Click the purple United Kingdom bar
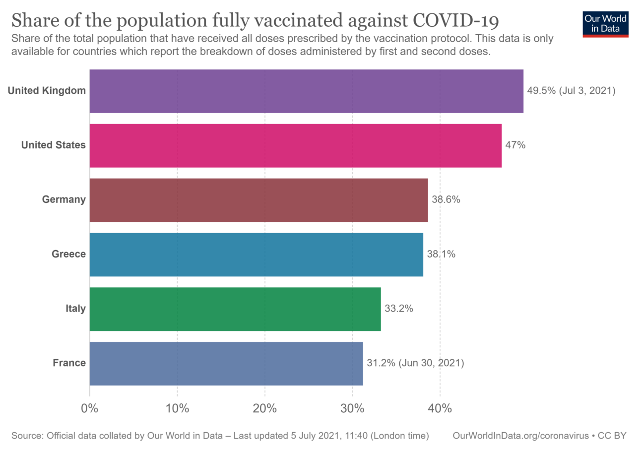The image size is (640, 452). coord(306,91)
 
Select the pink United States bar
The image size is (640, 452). coord(295,145)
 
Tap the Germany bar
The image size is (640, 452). coord(258,200)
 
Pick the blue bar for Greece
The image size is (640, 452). coord(256,255)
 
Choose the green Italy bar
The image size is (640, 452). coord(235,309)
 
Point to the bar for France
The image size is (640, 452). coord(226,363)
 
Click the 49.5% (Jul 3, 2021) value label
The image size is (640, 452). coord(571,91)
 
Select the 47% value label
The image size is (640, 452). coord(515,145)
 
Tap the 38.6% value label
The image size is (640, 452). coord(446,200)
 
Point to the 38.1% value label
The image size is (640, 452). coord(441,255)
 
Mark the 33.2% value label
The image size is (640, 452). coord(399,309)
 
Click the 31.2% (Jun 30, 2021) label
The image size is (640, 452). coord(415,363)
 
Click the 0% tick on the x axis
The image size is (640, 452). coord(90,409)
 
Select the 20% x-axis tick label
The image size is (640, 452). coord(264,409)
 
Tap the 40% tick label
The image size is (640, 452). coord(440,409)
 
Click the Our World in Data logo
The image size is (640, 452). coord(606,23)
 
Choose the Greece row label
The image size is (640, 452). coord(69,255)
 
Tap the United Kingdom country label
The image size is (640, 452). coord(47,91)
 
